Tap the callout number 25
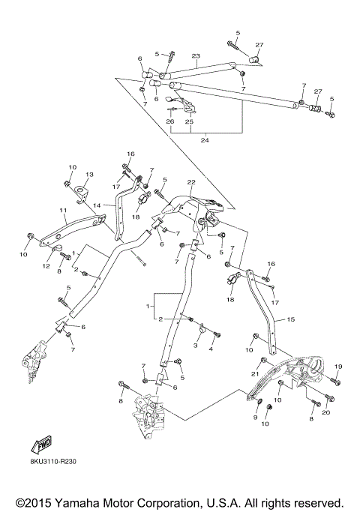tap(189, 121)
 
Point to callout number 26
tap(169, 121)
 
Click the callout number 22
tap(191, 182)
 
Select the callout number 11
tap(63, 212)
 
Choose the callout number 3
tap(197, 346)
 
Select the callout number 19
tap(337, 366)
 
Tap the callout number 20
tap(325, 412)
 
